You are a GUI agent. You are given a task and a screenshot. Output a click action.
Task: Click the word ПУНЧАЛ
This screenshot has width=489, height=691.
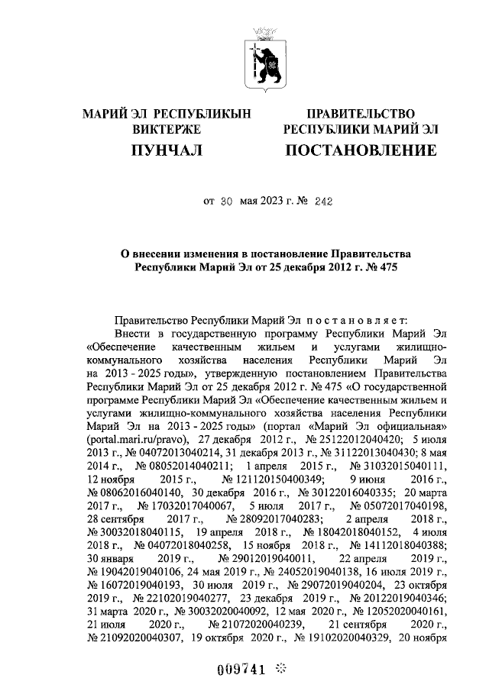point(167,150)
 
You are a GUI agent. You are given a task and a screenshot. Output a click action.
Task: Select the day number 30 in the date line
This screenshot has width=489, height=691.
point(225,202)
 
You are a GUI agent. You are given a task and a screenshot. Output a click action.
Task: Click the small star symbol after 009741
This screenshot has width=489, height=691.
point(280,669)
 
